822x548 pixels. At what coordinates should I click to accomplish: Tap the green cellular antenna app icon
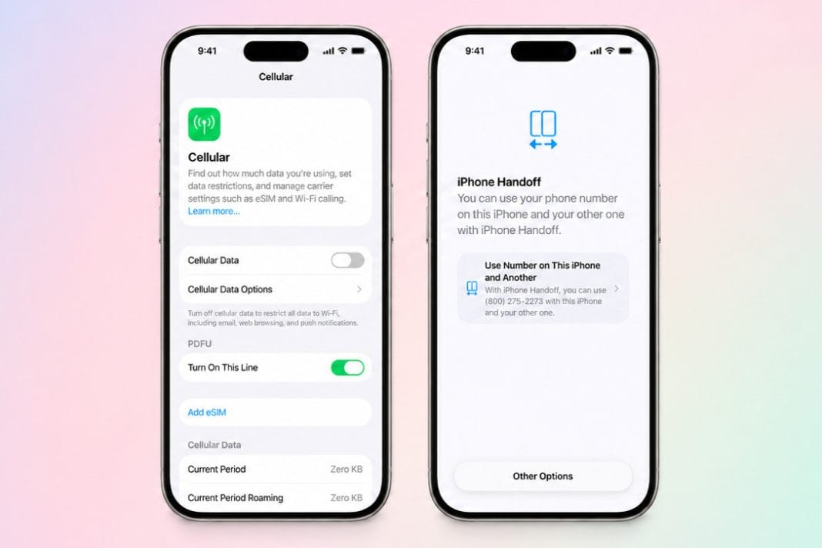click(204, 124)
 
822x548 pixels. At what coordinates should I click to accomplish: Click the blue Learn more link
click(214, 212)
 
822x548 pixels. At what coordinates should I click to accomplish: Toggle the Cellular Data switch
click(348, 260)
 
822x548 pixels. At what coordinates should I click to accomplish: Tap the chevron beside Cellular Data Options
click(359, 289)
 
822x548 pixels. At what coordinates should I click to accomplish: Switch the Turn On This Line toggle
click(348, 368)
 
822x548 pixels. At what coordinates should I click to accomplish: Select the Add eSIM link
click(207, 413)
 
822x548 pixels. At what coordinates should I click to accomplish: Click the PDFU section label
click(200, 344)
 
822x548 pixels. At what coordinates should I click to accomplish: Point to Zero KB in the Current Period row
click(346, 469)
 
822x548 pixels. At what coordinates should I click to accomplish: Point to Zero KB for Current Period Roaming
click(346, 498)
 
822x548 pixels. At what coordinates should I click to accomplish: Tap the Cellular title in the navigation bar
click(276, 76)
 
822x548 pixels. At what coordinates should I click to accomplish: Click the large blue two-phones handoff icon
click(543, 129)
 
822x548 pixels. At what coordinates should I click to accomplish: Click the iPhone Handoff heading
click(499, 182)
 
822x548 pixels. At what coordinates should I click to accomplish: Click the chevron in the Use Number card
click(616, 289)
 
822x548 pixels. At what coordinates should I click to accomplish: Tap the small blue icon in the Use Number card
click(472, 288)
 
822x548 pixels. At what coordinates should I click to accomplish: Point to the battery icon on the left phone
click(359, 51)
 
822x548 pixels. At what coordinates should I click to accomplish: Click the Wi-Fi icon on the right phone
click(610, 50)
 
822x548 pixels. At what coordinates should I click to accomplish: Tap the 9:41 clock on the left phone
click(207, 51)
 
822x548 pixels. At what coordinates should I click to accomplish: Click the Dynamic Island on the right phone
click(543, 52)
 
